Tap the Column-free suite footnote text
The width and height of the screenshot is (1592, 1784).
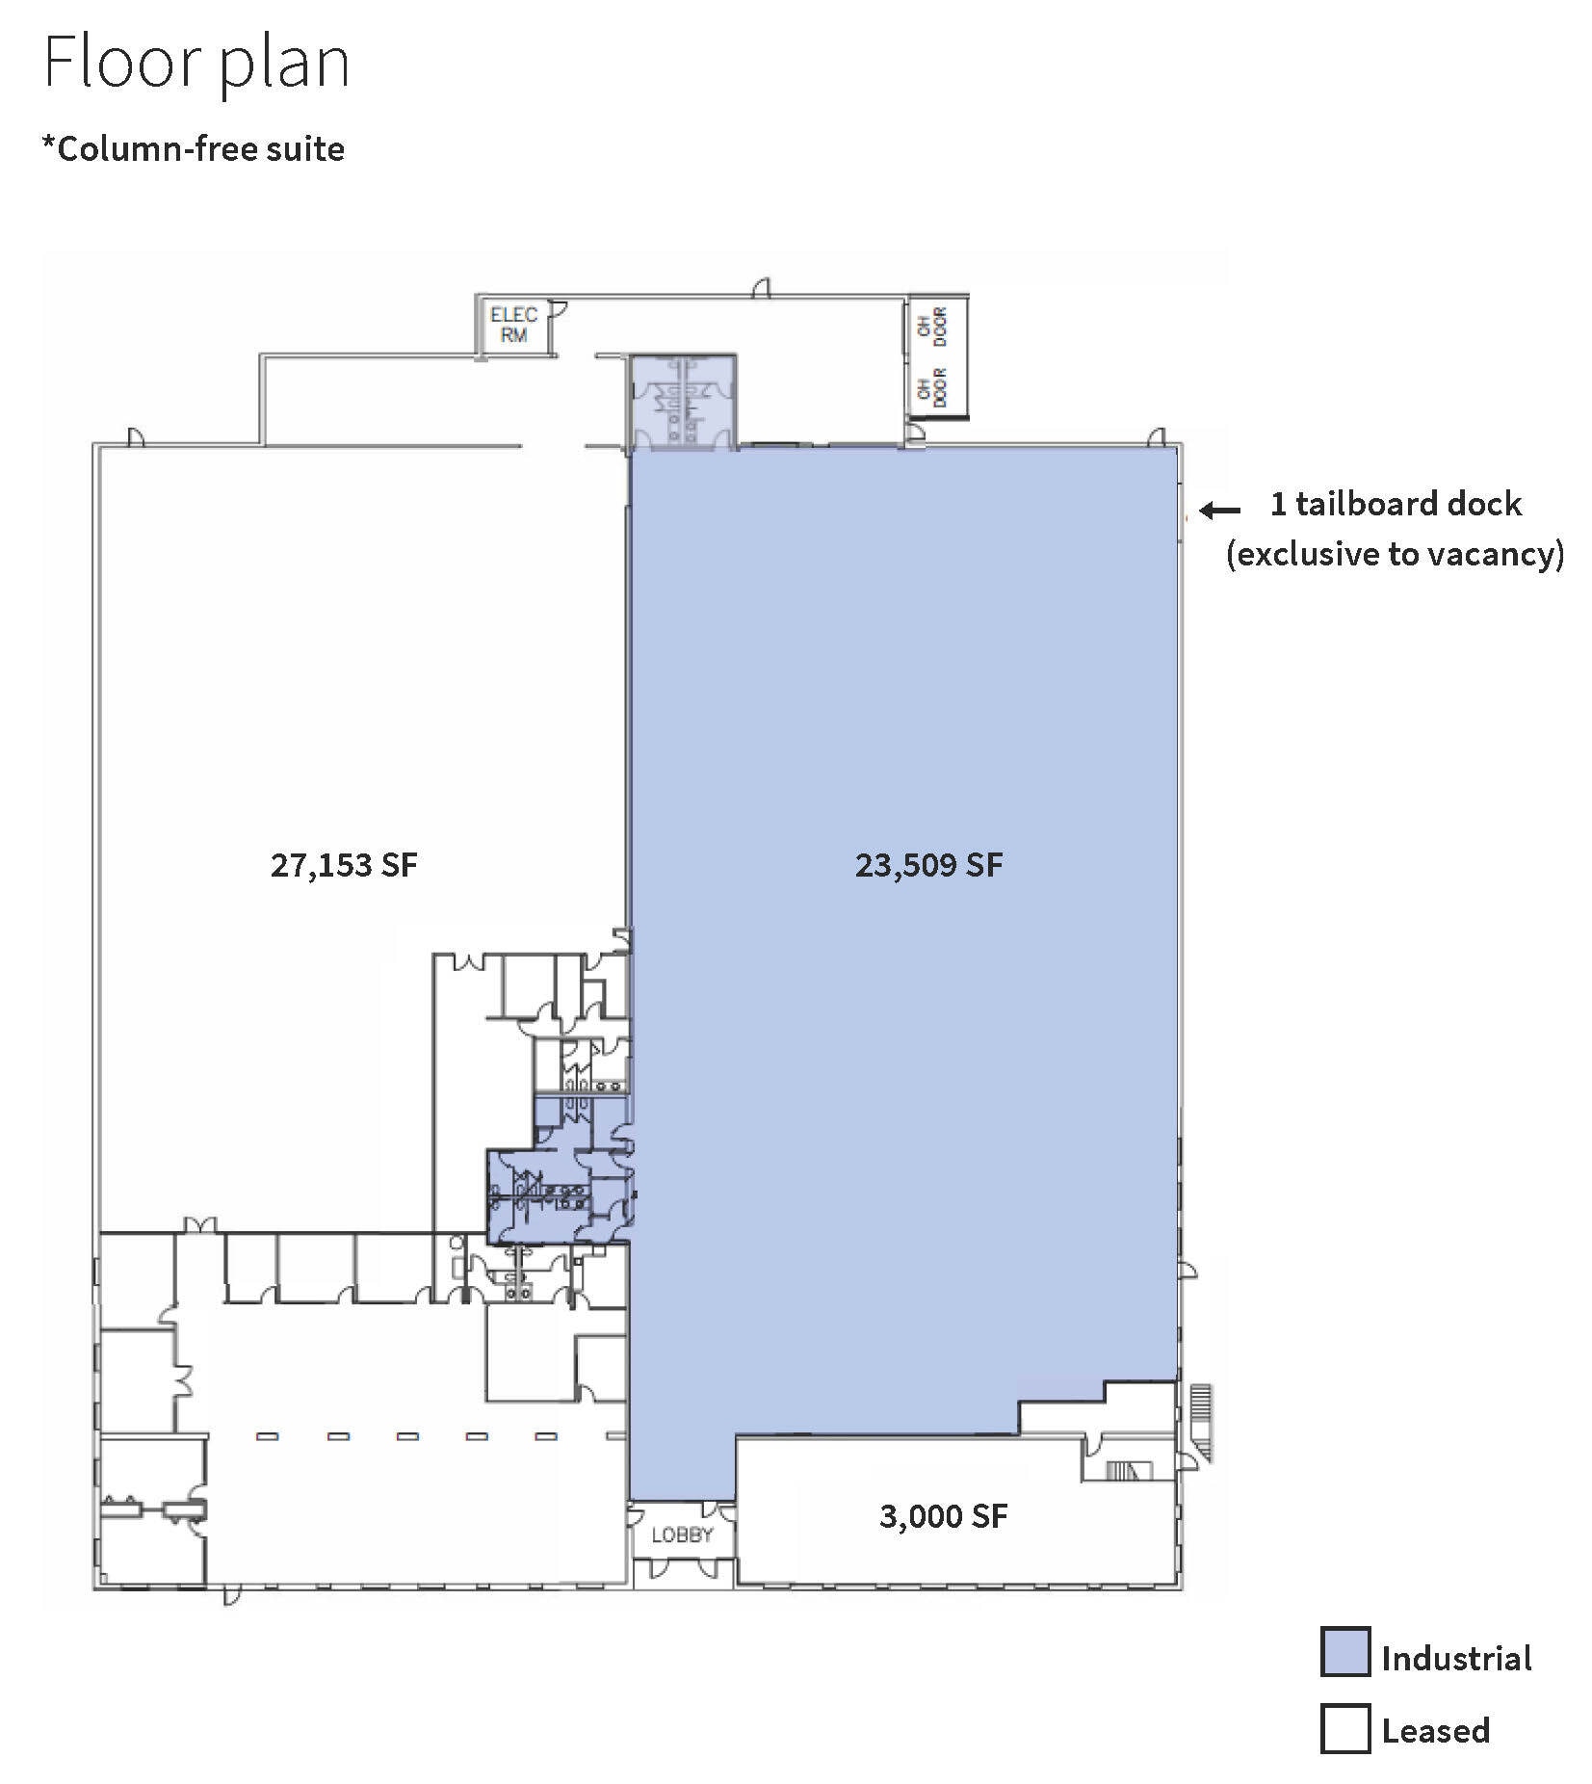(193, 149)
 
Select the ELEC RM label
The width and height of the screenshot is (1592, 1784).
(513, 325)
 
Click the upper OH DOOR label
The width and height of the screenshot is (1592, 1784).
(933, 326)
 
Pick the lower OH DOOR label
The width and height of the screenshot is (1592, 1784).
(933, 386)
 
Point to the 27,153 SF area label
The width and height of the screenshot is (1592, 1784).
(344, 865)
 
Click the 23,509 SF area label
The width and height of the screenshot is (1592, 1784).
(928, 865)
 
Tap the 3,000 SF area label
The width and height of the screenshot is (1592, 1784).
(943, 1516)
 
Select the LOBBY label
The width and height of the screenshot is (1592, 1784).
(682, 1535)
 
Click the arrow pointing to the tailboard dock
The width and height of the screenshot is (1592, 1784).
(1219, 511)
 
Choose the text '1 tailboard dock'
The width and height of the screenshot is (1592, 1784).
(1396, 504)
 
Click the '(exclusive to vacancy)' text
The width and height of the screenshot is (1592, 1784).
(1395, 554)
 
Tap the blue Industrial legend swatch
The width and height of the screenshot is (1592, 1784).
(1344, 1652)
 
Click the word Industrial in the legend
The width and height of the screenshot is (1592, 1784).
(1456, 1659)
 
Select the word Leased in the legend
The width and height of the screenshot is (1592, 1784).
(1435, 1731)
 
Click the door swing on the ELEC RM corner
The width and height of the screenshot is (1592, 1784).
(558, 310)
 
